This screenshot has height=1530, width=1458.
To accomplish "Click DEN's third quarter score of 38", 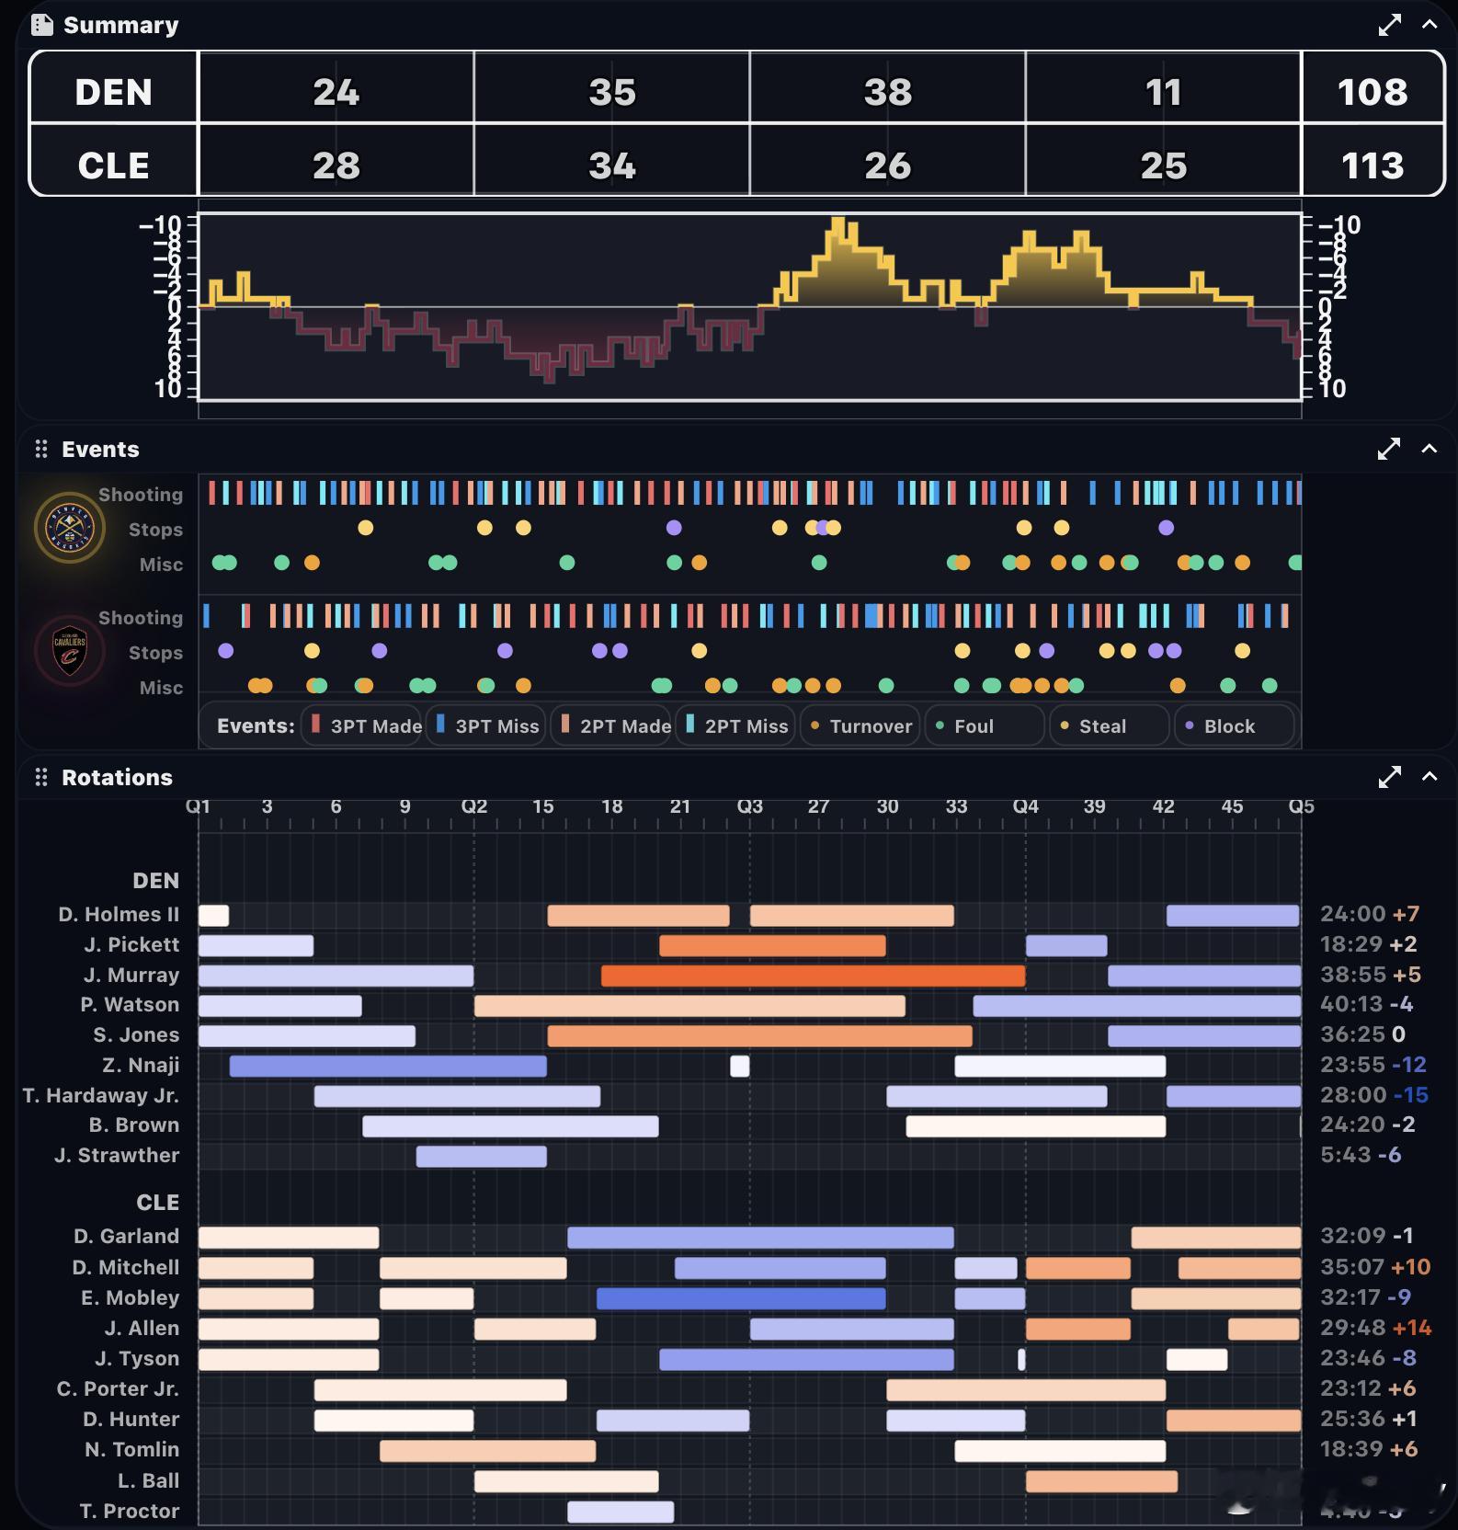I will [x=887, y=92].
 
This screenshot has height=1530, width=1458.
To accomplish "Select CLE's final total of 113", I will [x=1372, y=166].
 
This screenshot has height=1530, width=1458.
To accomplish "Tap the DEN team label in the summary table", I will [x=113, y=92].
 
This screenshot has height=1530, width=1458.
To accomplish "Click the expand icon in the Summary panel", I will [x=1389, y=25].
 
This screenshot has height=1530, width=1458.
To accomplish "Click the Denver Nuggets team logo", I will [x=69, y=529].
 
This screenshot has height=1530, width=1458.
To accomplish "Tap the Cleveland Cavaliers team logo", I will [x=69, y=652].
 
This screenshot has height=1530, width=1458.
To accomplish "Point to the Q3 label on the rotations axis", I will [x=749, y=806].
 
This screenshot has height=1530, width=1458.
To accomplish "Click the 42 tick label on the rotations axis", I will [x=1163, y=806].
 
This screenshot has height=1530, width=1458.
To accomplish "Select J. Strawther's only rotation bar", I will [x=481, y=1156].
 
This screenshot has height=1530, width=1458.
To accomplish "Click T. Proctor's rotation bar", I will [x=621, y=1511].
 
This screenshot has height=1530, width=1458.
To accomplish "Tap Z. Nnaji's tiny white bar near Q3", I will [x=739, y=1066].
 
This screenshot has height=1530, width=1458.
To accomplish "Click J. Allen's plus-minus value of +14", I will [x=1412, y=1328].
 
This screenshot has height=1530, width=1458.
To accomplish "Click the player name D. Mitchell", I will [x=126, y=1267].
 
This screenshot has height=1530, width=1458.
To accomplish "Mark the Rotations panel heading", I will [x=117, y=777].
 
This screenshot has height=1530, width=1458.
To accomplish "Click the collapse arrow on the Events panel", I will [x=1429, y=449].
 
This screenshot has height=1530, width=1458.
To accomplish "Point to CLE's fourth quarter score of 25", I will [x=1163, y=166].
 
